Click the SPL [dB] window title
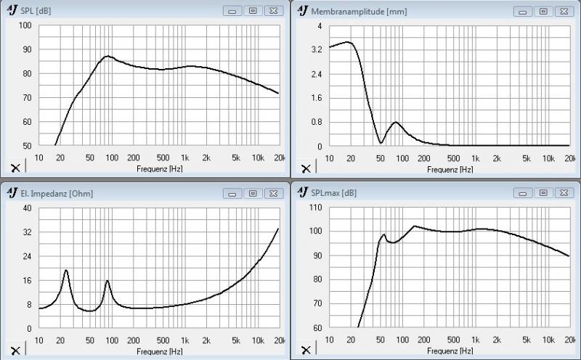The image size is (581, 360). (x=36, y=12)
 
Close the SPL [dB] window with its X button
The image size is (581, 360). (x=272, y=12)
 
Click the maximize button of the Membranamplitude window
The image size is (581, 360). (x=543, y=12)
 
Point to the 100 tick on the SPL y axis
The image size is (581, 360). (x=25, y=25)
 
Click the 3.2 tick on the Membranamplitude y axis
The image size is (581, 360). (x=315, y=50)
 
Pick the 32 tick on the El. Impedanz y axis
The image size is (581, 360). (x=27, y=232)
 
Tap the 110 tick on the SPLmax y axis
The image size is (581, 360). (x=314, y=208)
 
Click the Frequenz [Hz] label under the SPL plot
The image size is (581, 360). (x=158, y=168)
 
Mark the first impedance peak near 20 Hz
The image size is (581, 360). (x=66, y=270)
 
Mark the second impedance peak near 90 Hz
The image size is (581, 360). (x=107, y=280)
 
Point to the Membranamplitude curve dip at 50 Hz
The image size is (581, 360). (x=381, y=142)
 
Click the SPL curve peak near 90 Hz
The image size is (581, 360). (x=108, y=56)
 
